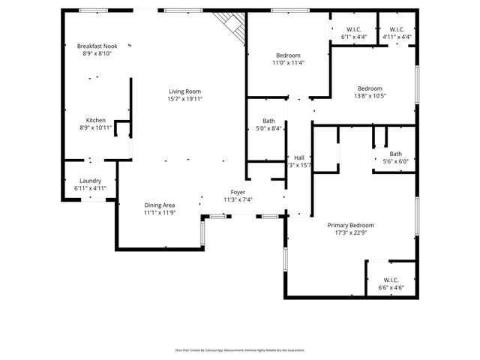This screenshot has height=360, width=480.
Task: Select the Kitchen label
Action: tap(95, 121)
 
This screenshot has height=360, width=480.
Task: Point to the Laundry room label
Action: tap(90, 181)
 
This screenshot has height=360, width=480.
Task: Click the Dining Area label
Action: tap(159, 205)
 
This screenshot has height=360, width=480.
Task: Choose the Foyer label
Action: tap(238, 192)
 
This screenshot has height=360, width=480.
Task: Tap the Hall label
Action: tap(299, 157)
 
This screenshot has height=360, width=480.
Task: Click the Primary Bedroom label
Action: tap(350, 225)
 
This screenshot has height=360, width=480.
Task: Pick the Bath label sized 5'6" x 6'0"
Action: tap(395, 154)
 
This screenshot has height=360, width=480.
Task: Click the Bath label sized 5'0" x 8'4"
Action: tap(268, 121)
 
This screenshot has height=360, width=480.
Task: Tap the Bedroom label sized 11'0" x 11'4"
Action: tap(288, 55)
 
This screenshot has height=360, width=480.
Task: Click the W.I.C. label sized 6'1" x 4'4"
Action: tap(354, 30)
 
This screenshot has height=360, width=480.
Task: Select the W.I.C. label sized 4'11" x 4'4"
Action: tap(397, 30)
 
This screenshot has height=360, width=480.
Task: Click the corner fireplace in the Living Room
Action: tap(232, 28)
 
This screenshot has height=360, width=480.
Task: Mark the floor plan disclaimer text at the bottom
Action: tap(240, 349)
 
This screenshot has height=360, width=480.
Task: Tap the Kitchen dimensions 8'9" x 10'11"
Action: tap(95, 128)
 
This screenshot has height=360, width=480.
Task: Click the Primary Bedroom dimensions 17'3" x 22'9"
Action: tap(350, 232)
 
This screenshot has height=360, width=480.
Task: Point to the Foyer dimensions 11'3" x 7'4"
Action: tap(238, 199)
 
